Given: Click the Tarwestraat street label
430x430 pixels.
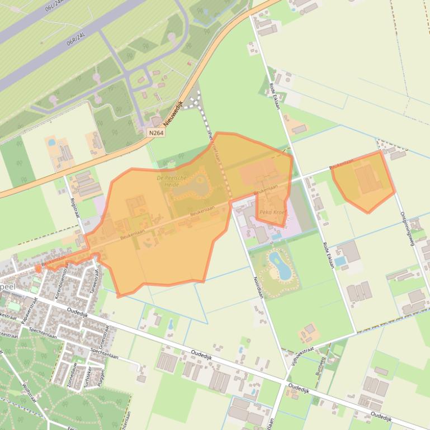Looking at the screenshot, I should (x=93, y=279).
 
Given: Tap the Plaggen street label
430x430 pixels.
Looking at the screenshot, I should (x=102, y=375).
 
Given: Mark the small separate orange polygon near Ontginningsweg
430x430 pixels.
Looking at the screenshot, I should (x=363, y=181).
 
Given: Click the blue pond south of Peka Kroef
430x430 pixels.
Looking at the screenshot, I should (x=280, y=265).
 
